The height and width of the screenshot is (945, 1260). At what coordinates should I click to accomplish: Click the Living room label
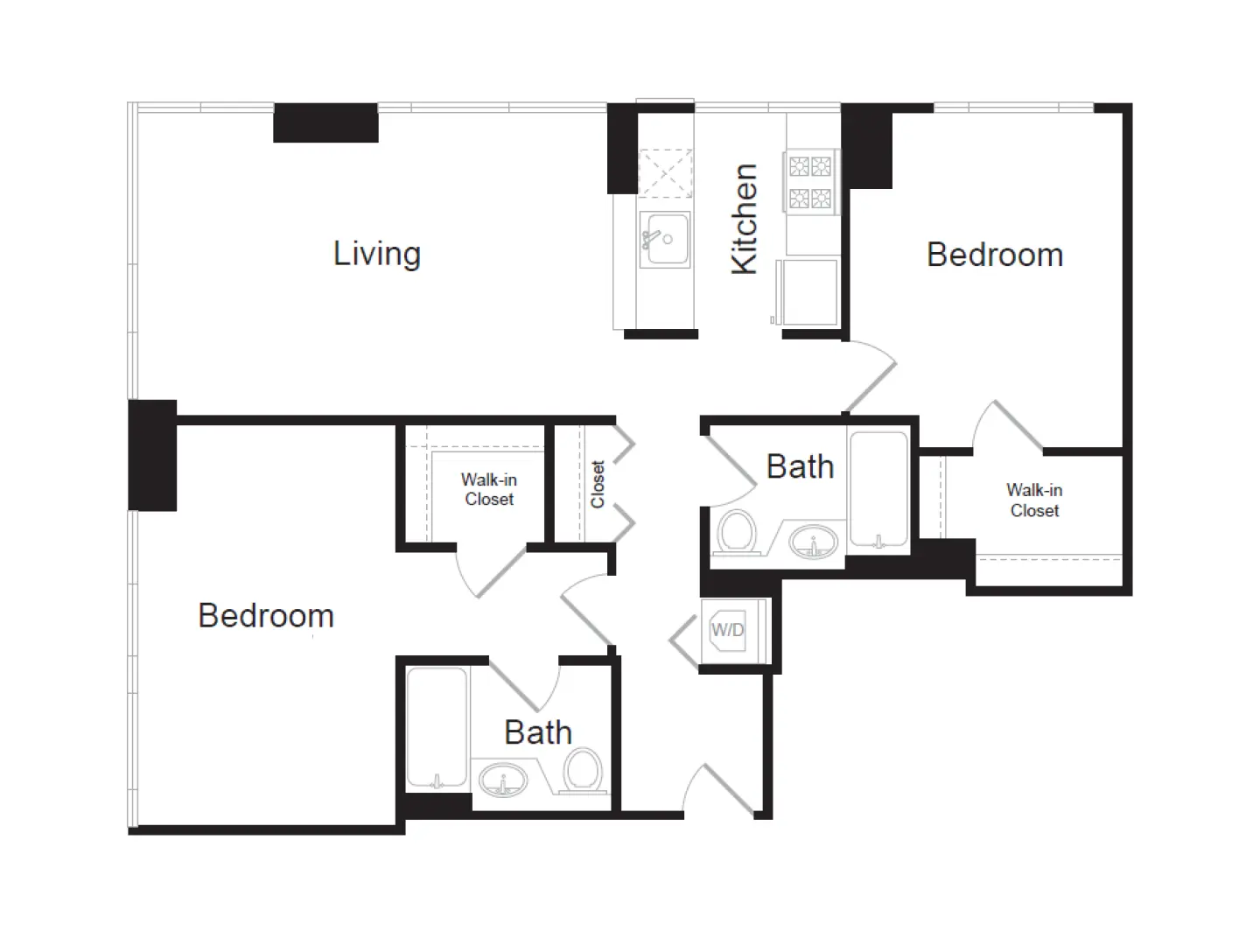point(377,254)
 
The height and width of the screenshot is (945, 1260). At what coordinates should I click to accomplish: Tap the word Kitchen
point(744,219)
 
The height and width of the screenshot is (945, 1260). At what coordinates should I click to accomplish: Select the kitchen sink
point(665,239)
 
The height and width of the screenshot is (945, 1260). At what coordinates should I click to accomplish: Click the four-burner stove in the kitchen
point(810,182)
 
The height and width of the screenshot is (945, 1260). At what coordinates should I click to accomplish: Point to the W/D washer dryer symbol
point(728,630)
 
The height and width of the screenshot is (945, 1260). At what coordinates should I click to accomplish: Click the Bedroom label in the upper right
point(995,255)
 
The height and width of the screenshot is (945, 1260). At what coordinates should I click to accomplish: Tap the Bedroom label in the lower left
point(266,615)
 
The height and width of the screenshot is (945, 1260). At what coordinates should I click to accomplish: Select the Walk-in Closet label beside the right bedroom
point(1034,500)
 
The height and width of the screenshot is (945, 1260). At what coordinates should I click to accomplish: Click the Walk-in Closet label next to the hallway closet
point(489,489)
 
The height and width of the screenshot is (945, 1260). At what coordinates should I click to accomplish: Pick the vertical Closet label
point(598,484)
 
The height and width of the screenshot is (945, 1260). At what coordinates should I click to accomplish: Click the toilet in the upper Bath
point(736,532)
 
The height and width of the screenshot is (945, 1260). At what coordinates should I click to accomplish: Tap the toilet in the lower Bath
point(583,771)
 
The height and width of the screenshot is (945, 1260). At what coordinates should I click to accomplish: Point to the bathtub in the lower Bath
point(437,727)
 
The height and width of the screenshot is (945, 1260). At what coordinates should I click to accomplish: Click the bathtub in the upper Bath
point(878,488)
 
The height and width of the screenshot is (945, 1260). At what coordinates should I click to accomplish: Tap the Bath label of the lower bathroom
point(538,732)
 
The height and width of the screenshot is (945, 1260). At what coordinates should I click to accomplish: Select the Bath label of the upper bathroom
point(800,466)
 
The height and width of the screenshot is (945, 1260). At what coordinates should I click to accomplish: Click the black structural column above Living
point(325,122)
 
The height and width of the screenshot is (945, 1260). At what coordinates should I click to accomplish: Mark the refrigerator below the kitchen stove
point(810,291)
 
